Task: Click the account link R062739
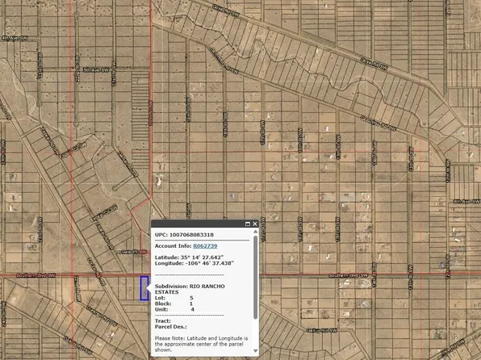(x=205, y=245)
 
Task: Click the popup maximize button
(x=245, y=223)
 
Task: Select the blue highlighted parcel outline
(x=144, y=288)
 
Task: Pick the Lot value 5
(x=192, y=297)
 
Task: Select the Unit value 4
(x=192, y=309)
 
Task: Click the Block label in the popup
(x=162, y=303)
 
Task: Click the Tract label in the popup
(x=162, y=321)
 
